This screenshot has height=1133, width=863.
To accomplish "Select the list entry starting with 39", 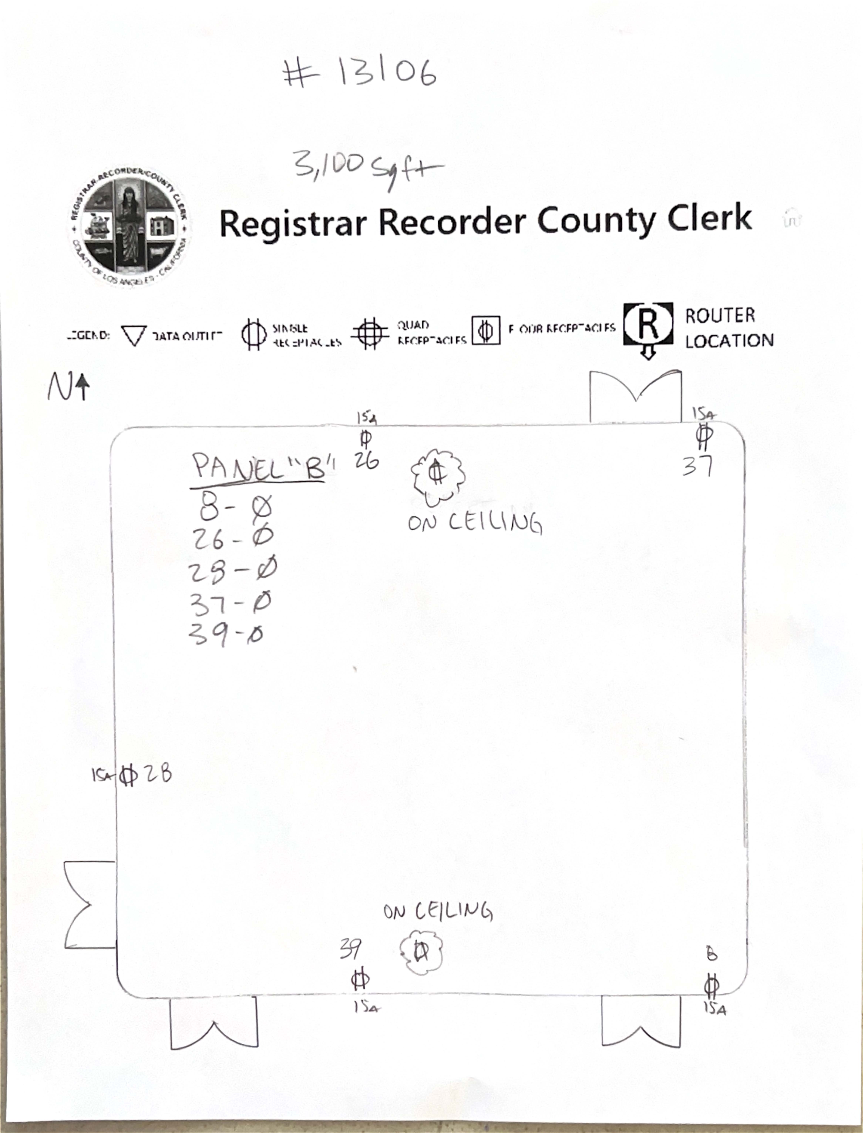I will [226, 635].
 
